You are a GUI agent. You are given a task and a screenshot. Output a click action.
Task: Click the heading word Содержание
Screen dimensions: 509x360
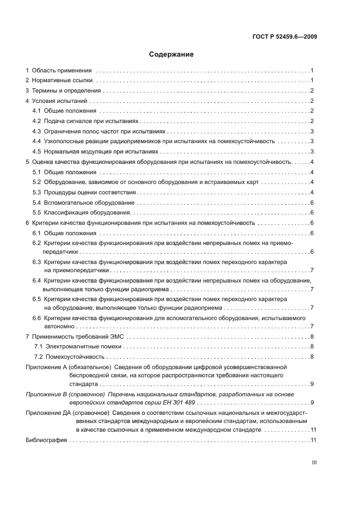click(172, 54)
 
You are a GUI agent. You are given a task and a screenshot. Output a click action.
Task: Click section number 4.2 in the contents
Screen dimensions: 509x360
click(36, 121)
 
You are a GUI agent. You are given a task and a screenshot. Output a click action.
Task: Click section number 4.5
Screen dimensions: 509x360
click(36, 151)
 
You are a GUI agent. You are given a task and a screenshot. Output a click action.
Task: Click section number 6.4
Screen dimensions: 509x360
click(36, 280)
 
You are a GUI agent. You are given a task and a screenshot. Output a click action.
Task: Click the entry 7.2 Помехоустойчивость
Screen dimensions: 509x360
click(69, 357)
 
